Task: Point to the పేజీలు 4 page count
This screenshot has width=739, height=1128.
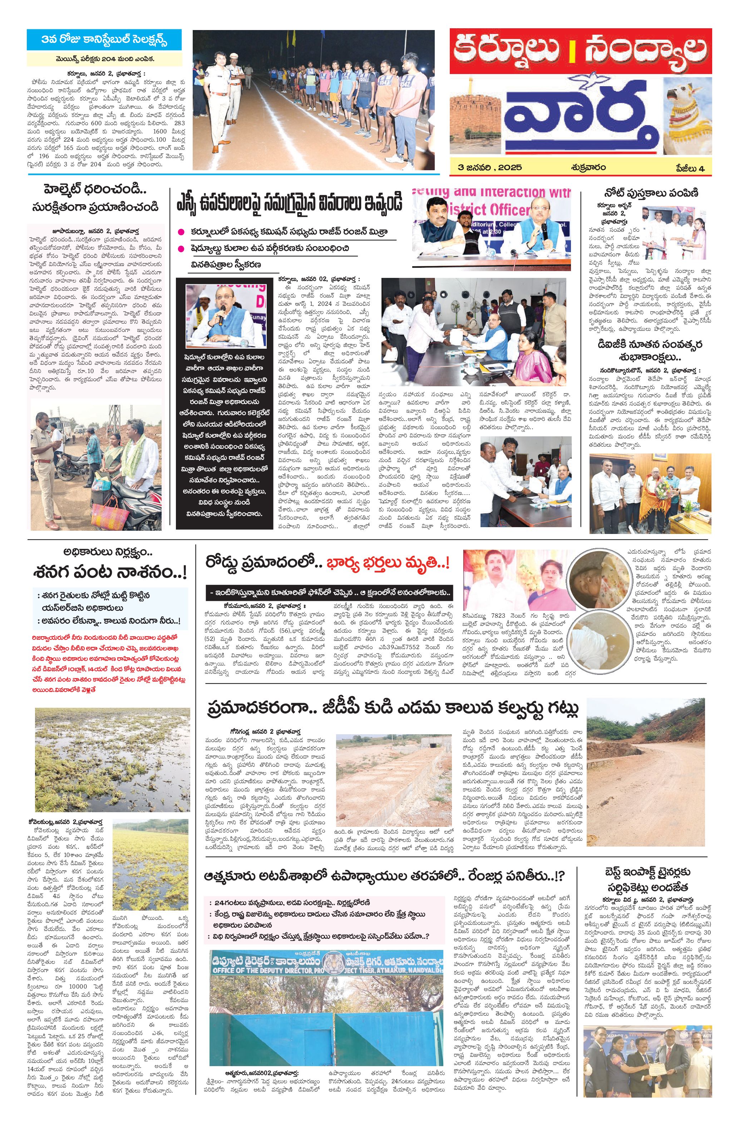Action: point(689,168)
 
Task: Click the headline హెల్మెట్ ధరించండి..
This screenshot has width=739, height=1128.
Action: point(95,190)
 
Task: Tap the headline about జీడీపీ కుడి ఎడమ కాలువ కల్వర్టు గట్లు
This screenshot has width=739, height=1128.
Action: point(393,709)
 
